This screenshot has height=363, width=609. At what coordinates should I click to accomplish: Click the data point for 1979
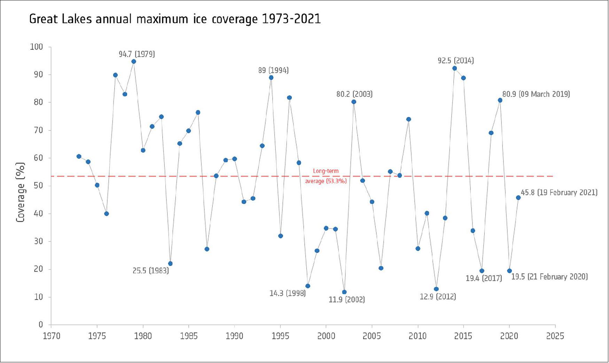[x=134, y=62]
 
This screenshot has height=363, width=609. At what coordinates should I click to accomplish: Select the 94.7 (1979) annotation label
[x=136, y=54]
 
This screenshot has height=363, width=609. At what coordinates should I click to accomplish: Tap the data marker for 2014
[x=454, y=69]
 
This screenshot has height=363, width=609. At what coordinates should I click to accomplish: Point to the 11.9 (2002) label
[x=346, y=300]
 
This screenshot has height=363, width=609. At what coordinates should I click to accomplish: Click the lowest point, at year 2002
[x=344, y=292]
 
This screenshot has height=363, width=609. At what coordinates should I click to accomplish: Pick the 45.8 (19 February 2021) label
[x=559, y=192]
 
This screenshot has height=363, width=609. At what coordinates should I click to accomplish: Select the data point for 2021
[x=518, y=198]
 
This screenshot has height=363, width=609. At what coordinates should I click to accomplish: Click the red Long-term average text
[x=326, y=176]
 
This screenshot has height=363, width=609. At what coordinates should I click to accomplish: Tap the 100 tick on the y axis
[x=37, y=47]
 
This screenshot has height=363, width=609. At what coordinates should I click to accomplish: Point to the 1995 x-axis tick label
[x=280, y=336]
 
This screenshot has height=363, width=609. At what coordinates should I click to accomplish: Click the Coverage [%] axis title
[x=21, y=192]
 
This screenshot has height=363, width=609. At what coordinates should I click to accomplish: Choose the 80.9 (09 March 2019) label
[x=536, y=94]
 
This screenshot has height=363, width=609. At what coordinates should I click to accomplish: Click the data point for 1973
[x=79, y=157]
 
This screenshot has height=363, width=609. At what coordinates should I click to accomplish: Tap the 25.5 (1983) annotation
[x=150, y=271]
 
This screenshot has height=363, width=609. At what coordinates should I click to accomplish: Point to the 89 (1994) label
[x=273, y=71]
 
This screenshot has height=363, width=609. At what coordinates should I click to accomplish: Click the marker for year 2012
[x=436, y=289]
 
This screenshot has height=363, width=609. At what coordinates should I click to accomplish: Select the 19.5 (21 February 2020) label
[x=549, y=277]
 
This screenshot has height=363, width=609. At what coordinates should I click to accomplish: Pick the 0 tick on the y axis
[x=41, y=325]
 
